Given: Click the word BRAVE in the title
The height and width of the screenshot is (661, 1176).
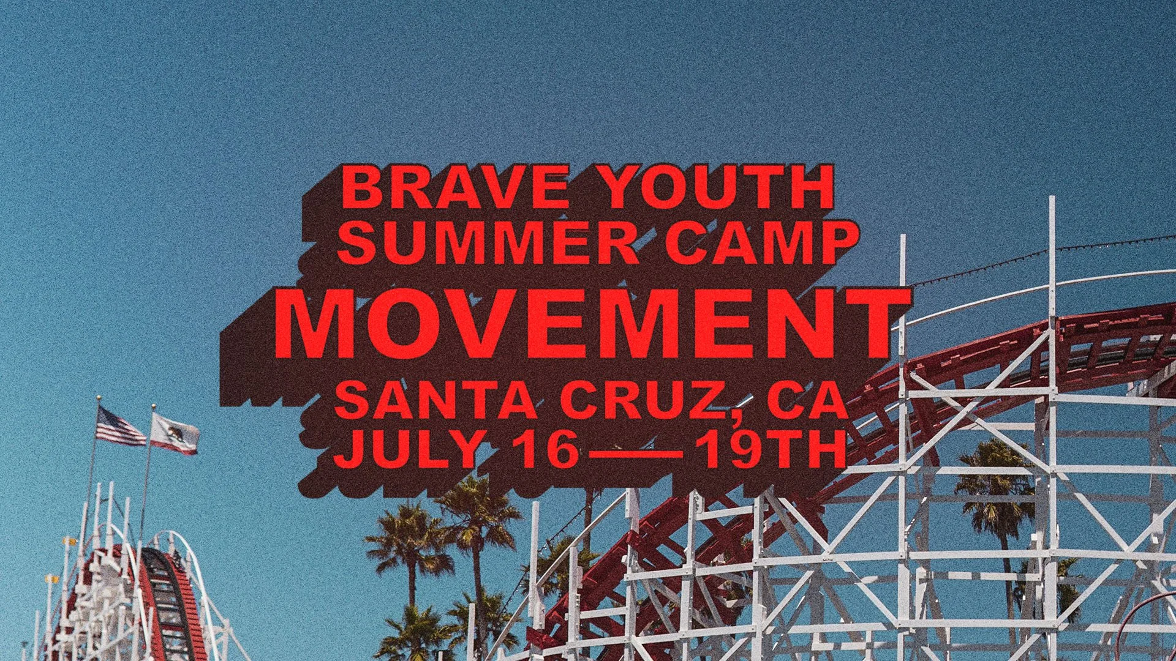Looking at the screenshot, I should [455, 187].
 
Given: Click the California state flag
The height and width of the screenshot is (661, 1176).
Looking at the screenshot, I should [175, 433].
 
